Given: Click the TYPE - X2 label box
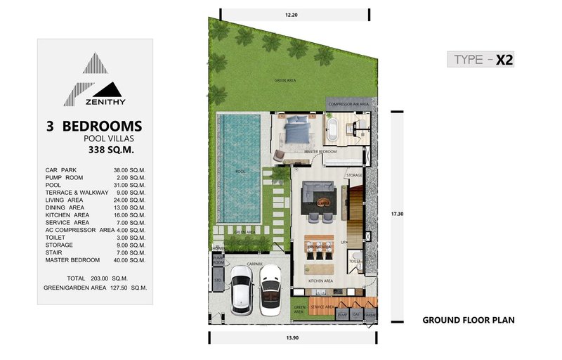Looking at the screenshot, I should click(481, 60).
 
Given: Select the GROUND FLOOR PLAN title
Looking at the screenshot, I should click(468, 321).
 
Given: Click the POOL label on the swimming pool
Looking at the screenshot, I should click(240, 170).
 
